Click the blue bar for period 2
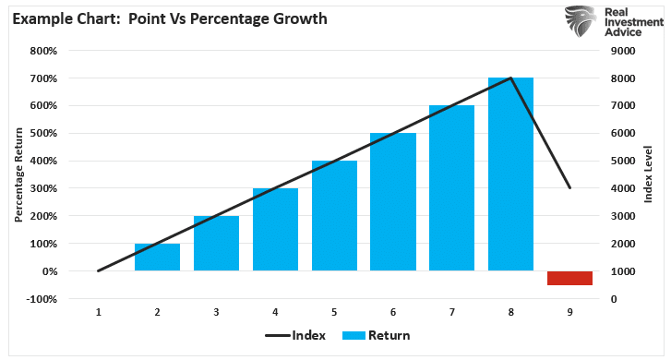point(157,258)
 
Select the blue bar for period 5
point(334,216)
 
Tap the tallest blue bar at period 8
point(510,174)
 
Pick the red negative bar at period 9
point(569,278)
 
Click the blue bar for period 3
point(216,244)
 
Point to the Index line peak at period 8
point(510,78)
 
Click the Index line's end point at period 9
point(569,188)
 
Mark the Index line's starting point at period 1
point(98,270)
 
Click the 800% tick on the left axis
point(45,51)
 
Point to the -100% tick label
point(43,299)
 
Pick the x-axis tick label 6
point(393,312)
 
